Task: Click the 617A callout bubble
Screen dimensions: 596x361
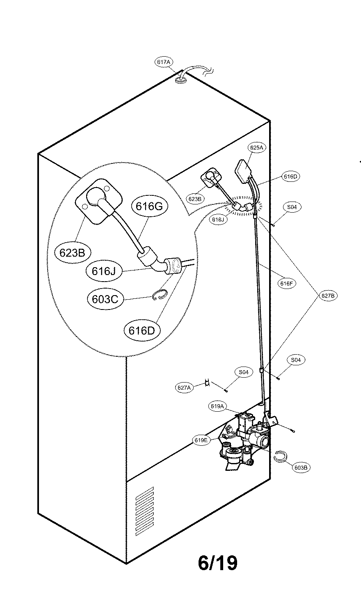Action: pos(163,62)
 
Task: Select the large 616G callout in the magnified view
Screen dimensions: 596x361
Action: pos(149,206)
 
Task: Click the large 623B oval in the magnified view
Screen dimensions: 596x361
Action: pos(72,253)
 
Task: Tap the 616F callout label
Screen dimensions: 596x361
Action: pos(287,283)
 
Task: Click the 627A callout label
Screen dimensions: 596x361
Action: pos(184,387)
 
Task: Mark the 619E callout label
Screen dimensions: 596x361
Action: pos(202,440)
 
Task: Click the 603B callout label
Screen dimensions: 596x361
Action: pos(302,467)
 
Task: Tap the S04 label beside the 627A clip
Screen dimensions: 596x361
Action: pos(244,372)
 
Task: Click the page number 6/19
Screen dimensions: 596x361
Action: pos(217,563)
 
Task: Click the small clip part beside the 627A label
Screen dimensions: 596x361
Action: pos(208,383)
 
